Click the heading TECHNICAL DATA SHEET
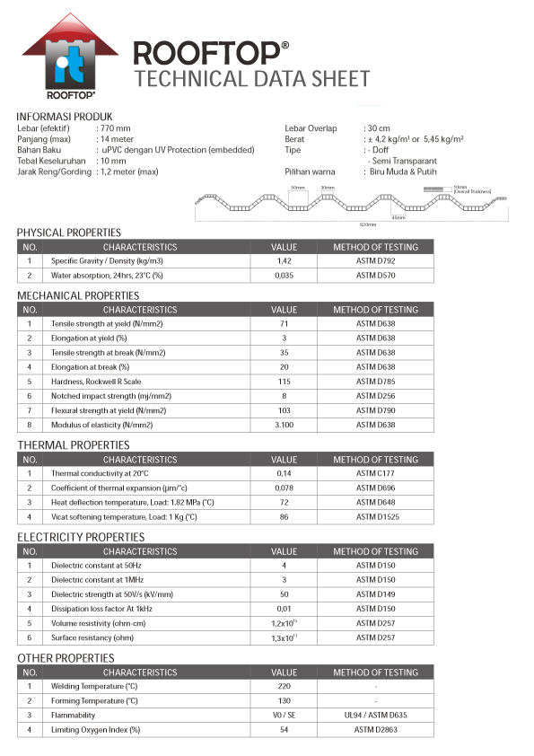(x=251, y=79)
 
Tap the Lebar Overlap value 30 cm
(x=378, y=128)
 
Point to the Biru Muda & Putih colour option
(x=403, y=171)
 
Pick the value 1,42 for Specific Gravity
(x=284, y=260)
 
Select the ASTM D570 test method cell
(x=375, y=276)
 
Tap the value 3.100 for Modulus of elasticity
(x=284, y=424)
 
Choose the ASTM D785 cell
(x=375, y=381)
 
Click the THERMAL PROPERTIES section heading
(x=74, y=444)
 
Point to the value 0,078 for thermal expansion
(x=284, y=488)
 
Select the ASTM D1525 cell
(x=375, y=516)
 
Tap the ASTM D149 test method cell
(x=375, y=593)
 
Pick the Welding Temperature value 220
(x=284, y=686)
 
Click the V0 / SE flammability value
(x=284, y=715)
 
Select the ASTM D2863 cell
(x=375, y=729)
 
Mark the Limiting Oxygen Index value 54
(x=284, y=729)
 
